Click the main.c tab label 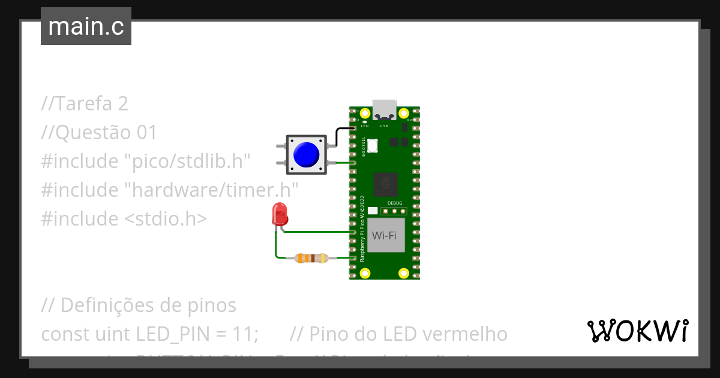click(86, 27)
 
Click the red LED click(279, 214)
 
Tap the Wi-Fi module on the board click(384, 235)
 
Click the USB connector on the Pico click(384, 110)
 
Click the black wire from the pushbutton click(337, 134)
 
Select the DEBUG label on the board click(395, 203)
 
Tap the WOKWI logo click(637, 331)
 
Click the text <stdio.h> click(165, 219)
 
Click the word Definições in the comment click(107, 305)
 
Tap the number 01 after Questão click(146, 133)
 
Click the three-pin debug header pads click(396, 211)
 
